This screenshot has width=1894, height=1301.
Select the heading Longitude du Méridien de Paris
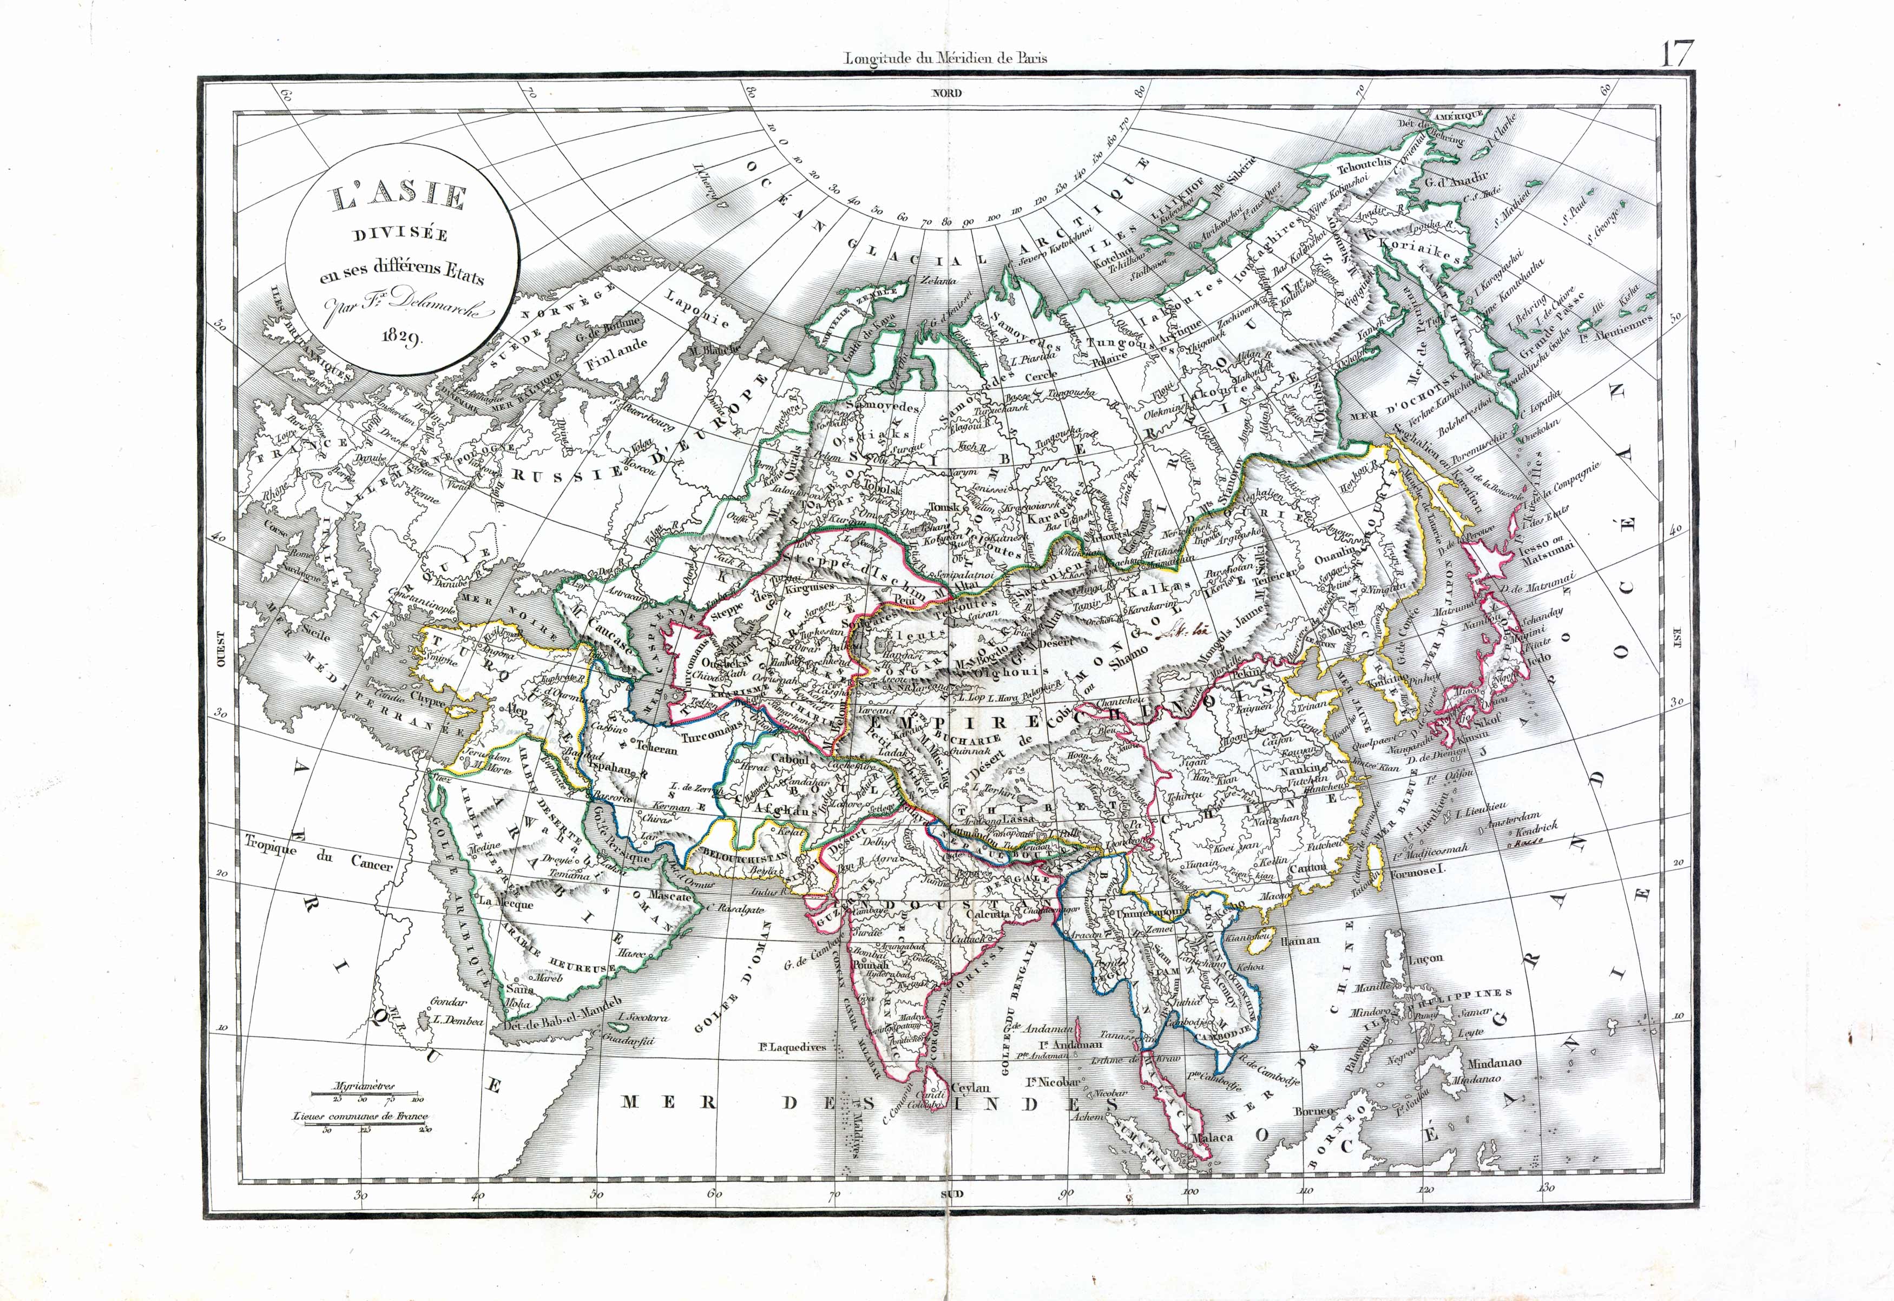click(x=946, y=58)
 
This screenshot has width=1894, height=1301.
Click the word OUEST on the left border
click(x=220, y=648)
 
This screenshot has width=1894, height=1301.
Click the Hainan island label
click(x=1300, y=939)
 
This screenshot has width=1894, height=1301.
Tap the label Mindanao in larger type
click(x=1495, y=1063)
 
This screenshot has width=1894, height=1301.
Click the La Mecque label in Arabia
click(x=505, y=902)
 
